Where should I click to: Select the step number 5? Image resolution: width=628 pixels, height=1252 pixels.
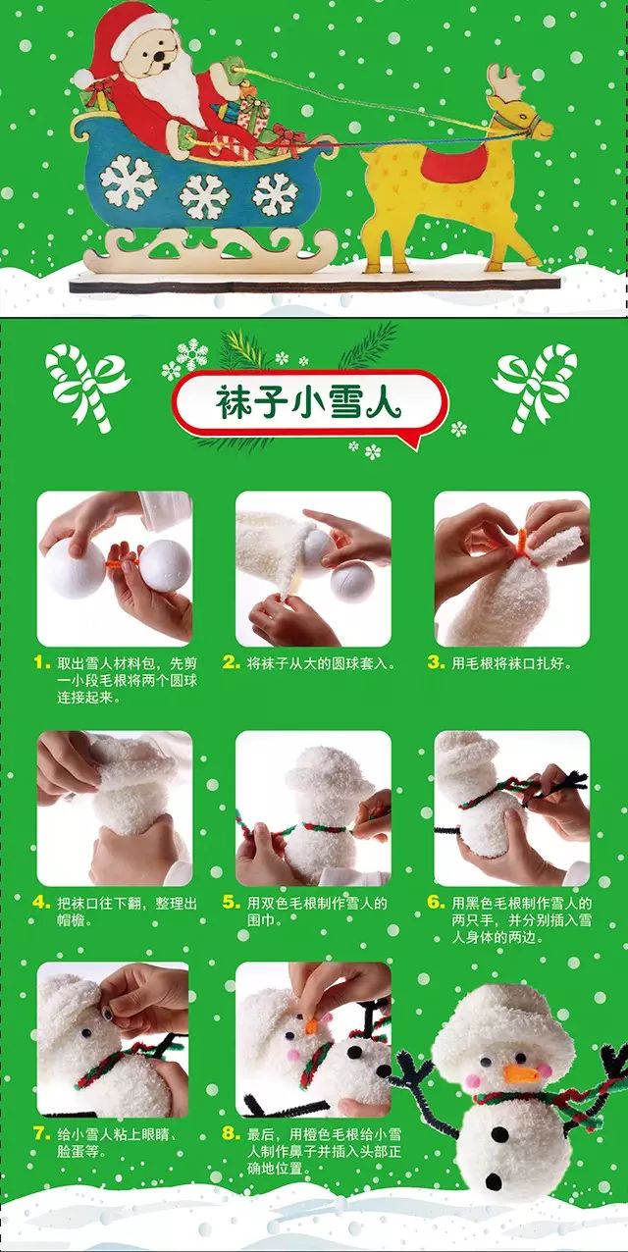231,902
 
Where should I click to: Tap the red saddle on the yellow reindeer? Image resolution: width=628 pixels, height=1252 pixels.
451,163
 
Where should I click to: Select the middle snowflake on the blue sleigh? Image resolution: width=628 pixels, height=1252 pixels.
204,195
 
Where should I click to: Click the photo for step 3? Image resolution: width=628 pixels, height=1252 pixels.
512,568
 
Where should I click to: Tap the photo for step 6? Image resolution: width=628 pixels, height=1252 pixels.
512,808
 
